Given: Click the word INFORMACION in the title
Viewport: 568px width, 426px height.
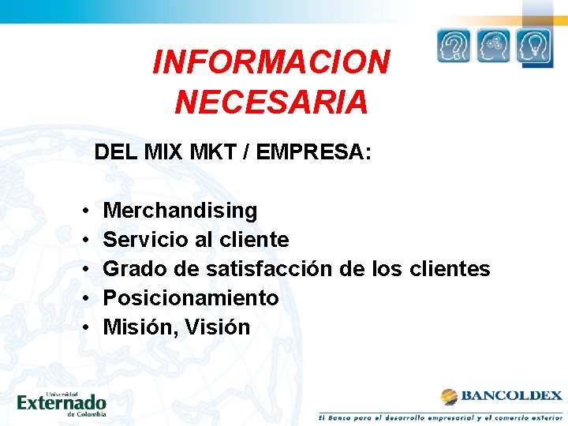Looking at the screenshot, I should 271,62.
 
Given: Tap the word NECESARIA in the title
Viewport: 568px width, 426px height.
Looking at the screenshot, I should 271,103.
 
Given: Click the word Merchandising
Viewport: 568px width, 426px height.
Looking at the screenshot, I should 180,211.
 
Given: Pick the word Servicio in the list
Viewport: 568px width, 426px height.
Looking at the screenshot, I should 137,240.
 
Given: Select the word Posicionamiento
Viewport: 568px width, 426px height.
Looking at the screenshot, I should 191,298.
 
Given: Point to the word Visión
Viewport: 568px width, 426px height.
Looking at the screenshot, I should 219,327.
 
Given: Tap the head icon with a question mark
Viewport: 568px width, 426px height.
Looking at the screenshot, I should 454,46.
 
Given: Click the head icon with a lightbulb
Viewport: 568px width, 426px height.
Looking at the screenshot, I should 534,46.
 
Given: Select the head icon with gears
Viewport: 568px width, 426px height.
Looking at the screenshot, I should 495,46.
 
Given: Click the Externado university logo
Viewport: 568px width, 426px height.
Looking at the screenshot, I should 62,402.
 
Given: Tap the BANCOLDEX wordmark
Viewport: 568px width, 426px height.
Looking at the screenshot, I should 511,396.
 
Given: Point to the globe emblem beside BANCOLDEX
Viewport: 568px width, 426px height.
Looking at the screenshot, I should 449,396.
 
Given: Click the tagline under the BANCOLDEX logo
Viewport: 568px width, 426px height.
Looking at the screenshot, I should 440,416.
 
